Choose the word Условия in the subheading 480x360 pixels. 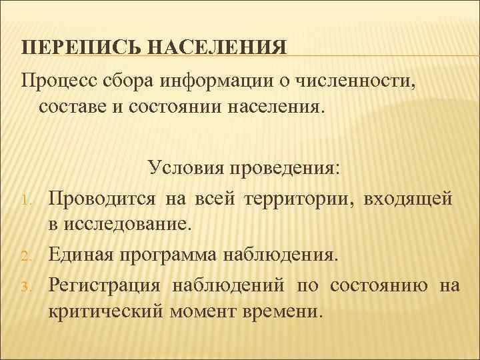[187, 167]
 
